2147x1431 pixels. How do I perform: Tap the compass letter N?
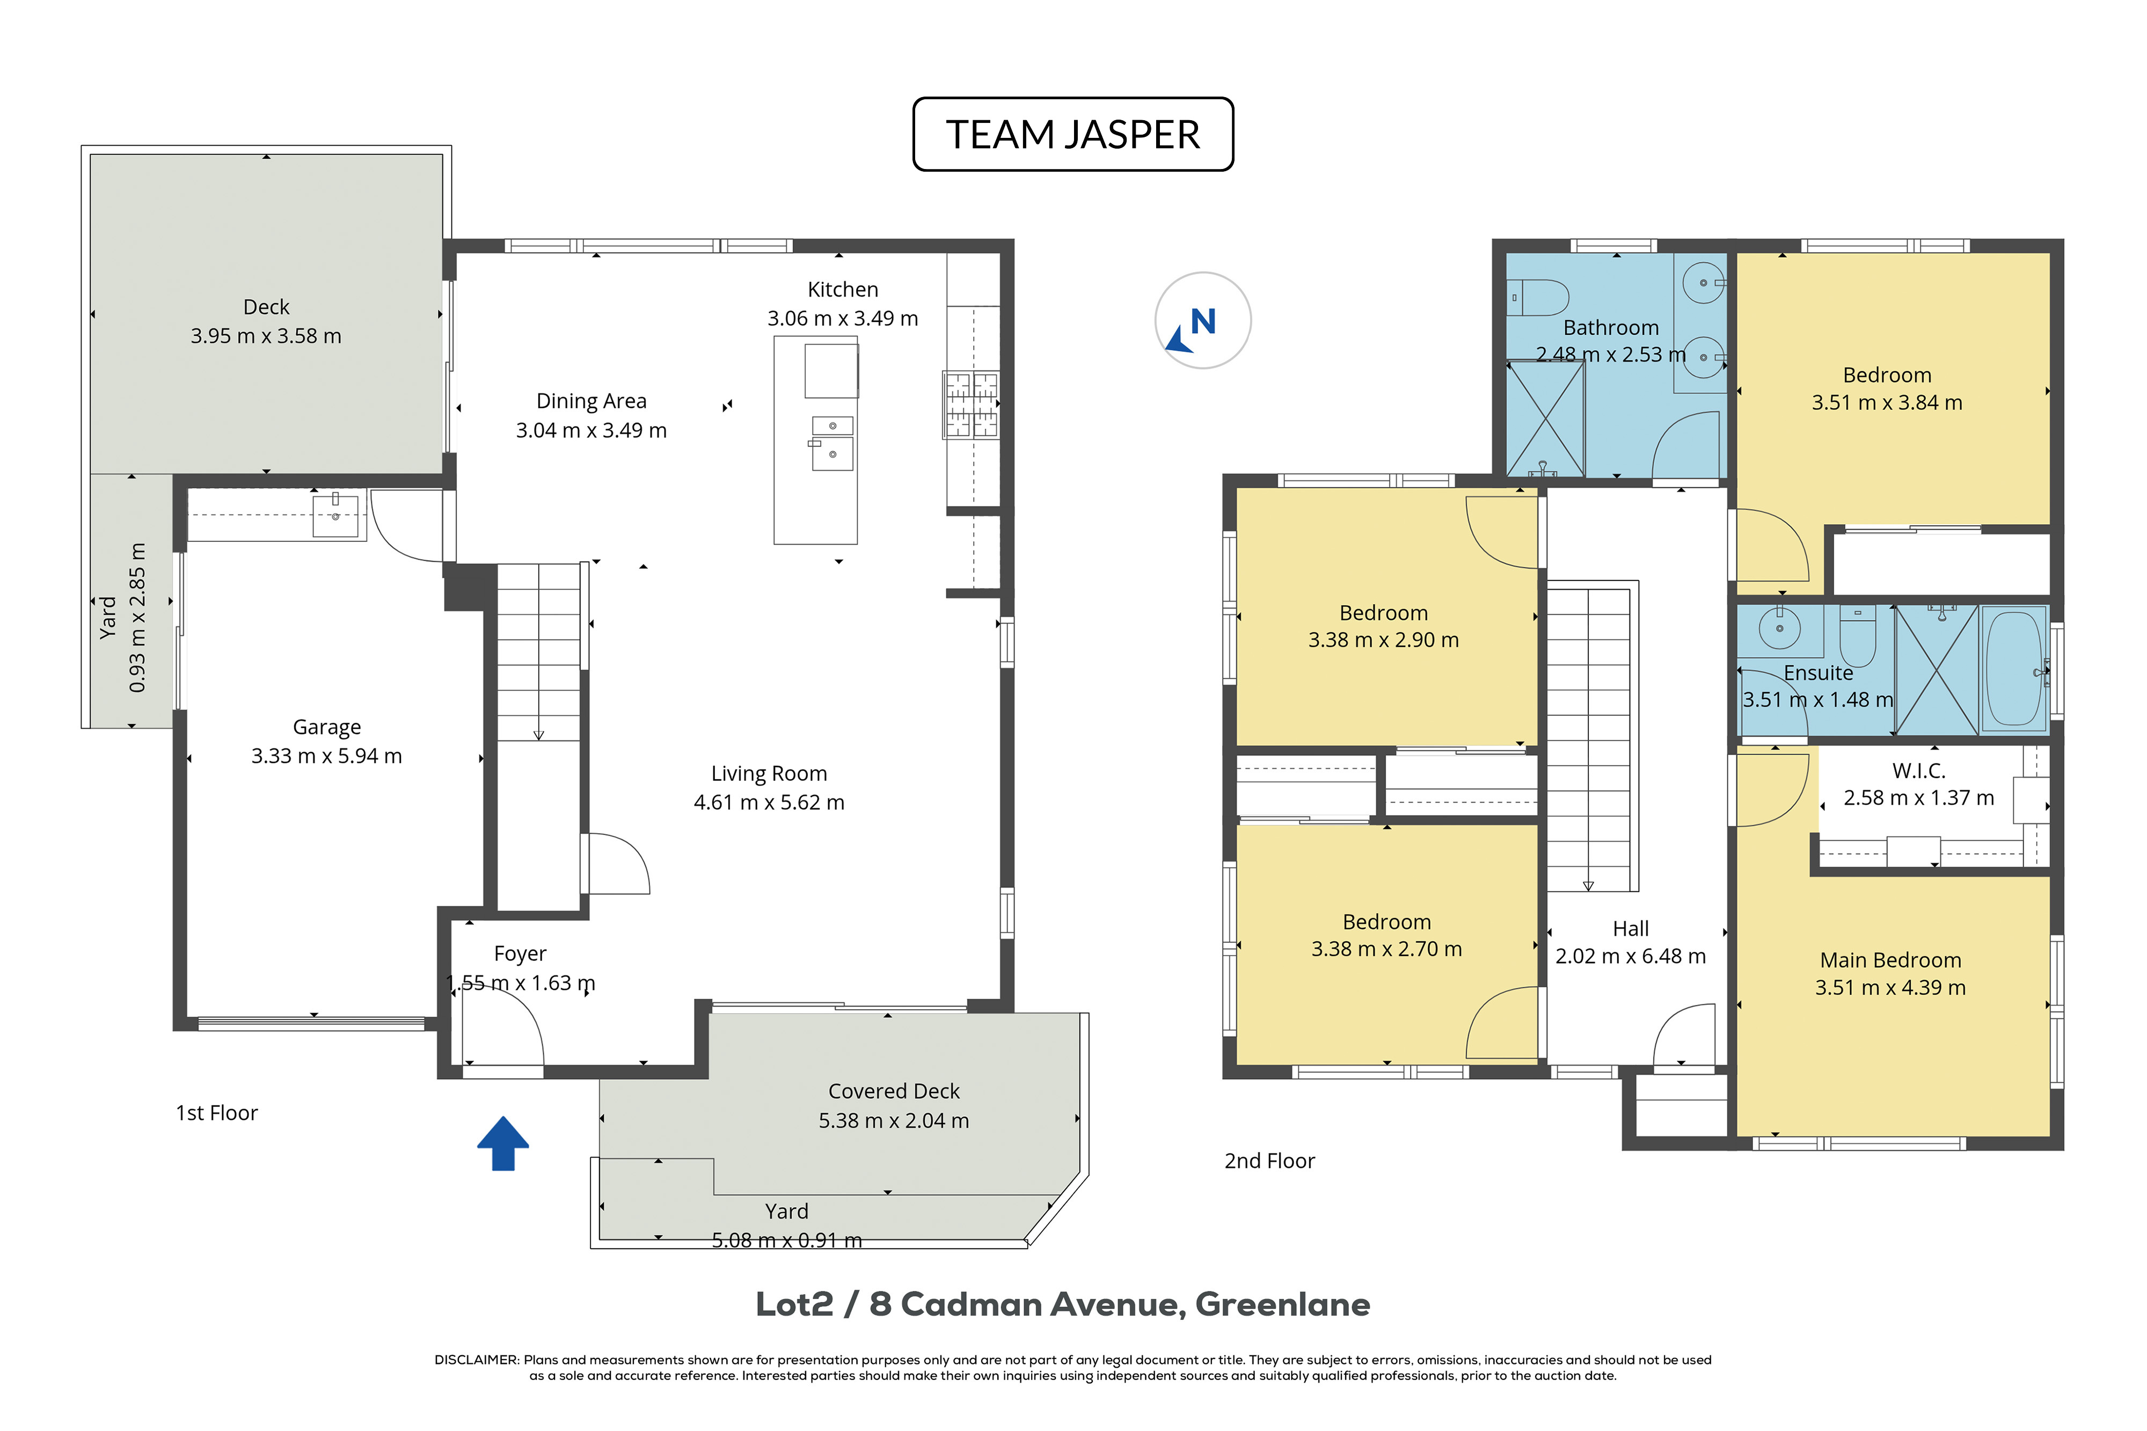[x=1203, y=321]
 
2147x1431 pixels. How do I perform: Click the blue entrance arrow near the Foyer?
[x=503, y=1143]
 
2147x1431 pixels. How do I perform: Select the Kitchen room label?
[x=843, y=289]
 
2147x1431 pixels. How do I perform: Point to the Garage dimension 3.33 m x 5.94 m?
[x=327, y=755]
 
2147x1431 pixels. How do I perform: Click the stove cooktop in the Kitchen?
[x=972, y=404]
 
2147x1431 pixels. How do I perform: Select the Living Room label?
[x=770, y=774]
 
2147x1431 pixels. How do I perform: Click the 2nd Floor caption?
[x=1270, y=1161]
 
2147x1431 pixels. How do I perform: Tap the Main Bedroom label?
[x=1890, y=960]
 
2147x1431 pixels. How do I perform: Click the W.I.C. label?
[x=1919, y=770]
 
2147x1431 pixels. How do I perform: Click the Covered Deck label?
[x=894, y=1091]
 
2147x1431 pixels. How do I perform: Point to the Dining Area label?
[x=591, y=401]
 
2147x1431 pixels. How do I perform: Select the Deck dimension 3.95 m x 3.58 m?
[x=266, y=336]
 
